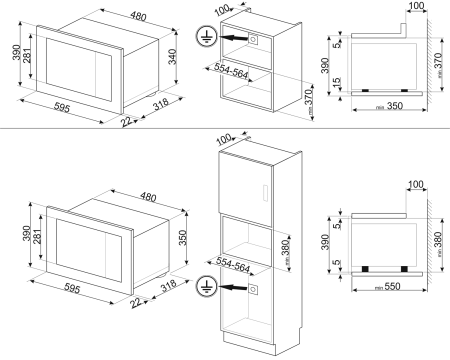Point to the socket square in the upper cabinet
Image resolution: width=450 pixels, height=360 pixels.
(253, 40)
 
